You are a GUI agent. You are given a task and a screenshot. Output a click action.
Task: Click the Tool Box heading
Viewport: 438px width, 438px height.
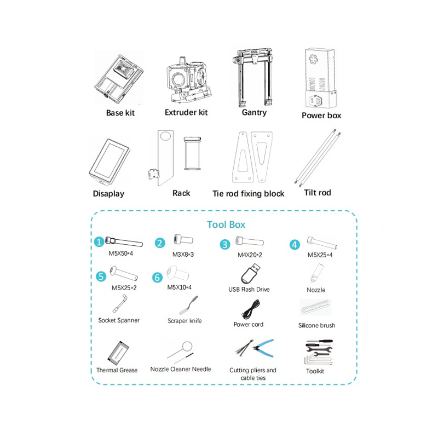[x=226, y=224]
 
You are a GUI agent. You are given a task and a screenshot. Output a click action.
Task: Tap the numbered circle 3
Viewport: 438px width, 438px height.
[x=225, y=244]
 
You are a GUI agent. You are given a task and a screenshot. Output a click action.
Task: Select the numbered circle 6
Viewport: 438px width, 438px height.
[x=157, y=278]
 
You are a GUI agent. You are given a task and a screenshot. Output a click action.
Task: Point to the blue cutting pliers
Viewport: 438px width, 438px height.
[x=263, y=348]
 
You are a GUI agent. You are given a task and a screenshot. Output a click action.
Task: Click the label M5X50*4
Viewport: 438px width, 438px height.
[x=120, y=253]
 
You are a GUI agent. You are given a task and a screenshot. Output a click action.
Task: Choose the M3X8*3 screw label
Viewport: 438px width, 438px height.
[x=183, y=255]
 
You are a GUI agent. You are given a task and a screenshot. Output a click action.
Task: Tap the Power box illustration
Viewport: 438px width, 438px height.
[x=320, y=78]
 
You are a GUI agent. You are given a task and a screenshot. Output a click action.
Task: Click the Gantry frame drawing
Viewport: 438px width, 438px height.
[x=252, y=78]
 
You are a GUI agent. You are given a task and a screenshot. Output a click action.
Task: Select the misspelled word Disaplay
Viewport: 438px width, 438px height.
[x=108, y=194]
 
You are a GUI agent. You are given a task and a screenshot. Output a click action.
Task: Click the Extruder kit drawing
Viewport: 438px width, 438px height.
[x=189, y=80]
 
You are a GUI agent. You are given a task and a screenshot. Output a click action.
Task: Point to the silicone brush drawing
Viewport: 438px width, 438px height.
[x=316, y=308]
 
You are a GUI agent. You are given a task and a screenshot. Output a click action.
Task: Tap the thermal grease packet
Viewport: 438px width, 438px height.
[x=118, y=353]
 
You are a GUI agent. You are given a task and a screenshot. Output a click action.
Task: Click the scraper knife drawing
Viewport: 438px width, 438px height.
[x=188, y=306]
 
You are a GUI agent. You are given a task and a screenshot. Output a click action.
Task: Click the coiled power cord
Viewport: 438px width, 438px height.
[x=251, y=309]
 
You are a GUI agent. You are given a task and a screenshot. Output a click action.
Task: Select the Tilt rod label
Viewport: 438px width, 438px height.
[x=318, y=193]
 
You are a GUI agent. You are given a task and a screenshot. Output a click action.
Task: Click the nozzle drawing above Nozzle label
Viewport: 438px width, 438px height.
[x=316, y=273]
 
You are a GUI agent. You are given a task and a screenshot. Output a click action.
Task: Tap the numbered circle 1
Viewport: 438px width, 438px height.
[x=99, y=242]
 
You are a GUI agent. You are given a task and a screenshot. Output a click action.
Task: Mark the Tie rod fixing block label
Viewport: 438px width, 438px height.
[x=249, y=194]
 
